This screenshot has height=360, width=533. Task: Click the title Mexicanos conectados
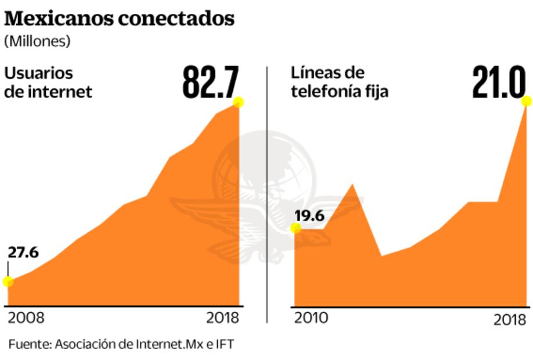[x=120, y=19]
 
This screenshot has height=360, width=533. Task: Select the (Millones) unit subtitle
[x=38, y=42]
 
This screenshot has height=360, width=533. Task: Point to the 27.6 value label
[x=23, y=253]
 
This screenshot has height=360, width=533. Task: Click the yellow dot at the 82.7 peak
[x=237, y=102]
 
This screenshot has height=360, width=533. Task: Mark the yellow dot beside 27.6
[x=8, y=282]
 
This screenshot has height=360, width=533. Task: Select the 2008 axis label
[x=26, y=318]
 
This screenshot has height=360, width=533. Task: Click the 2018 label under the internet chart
[x=223, y=318]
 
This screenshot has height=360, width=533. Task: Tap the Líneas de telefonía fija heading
[x=339, y=82]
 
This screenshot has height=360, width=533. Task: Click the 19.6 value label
[x=309, y=217]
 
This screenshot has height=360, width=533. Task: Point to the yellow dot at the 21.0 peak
[x=527, y=102]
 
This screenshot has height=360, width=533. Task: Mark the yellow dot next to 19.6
[x=296, y=228]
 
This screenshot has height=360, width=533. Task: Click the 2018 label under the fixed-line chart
[x=510, y=319]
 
